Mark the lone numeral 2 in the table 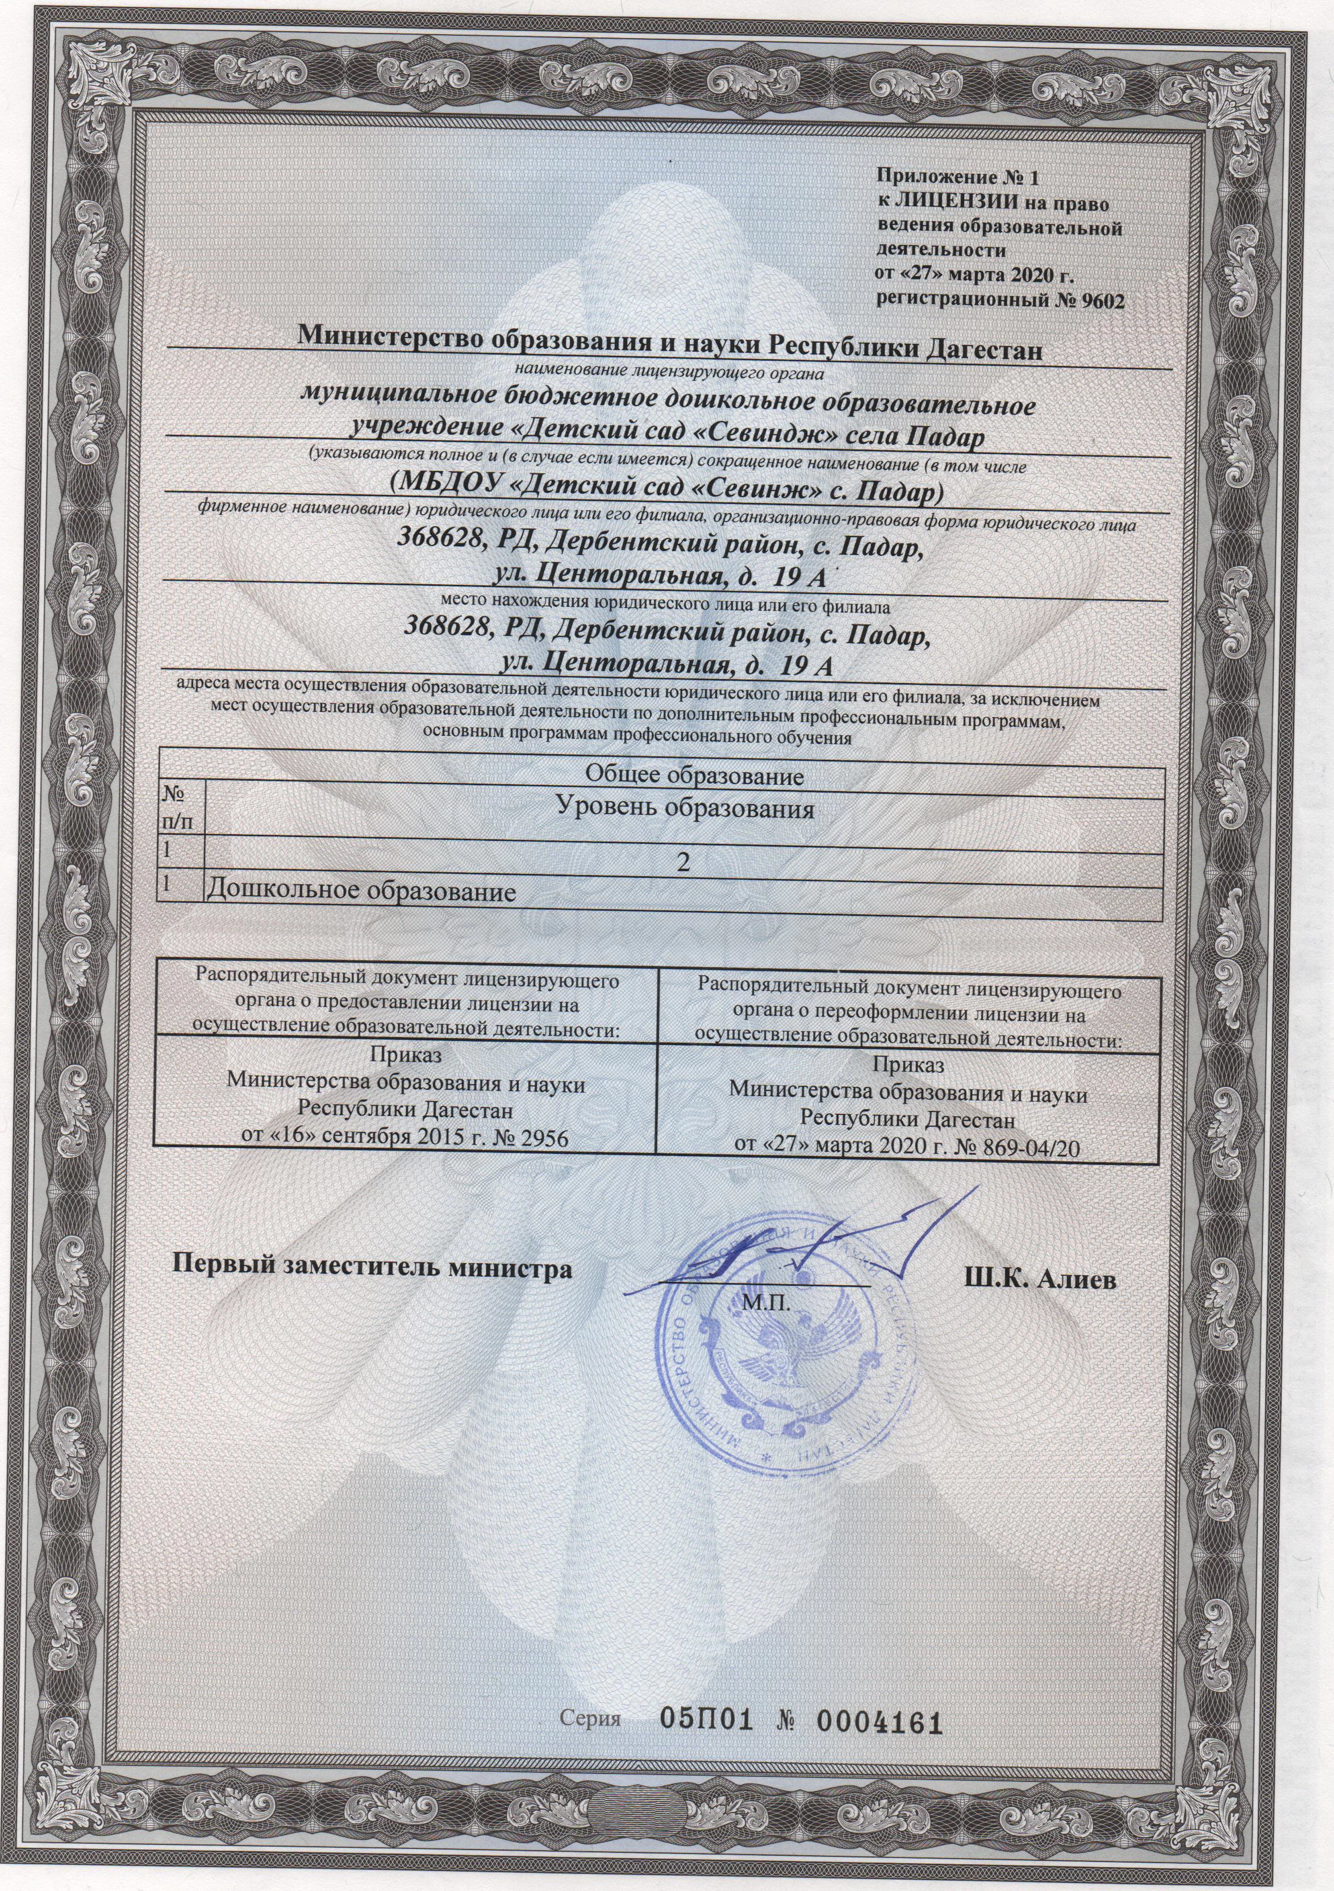tap(681, 861)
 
